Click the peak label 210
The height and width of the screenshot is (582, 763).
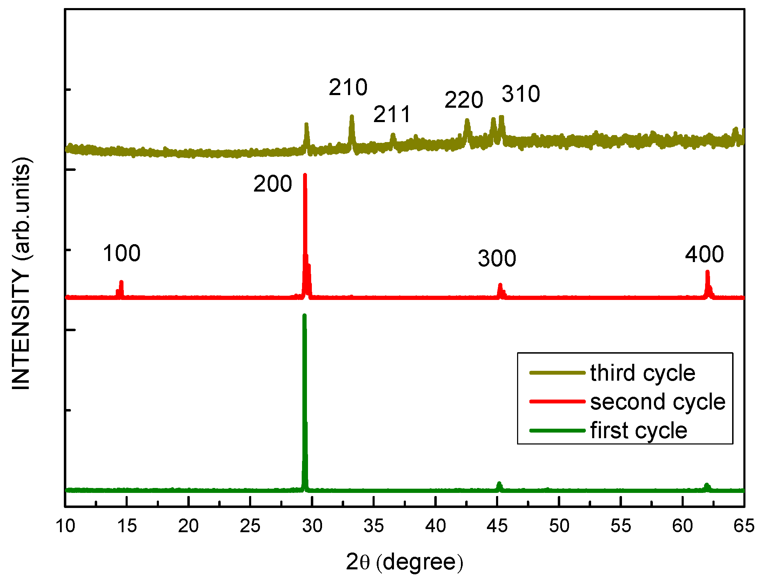(x=348, y=87)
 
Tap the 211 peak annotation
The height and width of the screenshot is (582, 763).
(x=392, y=114)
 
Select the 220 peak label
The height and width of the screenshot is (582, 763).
(x=464, y=100)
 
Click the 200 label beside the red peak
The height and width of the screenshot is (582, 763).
(x=273, y=184)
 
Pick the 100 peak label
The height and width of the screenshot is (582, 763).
(x=121, y=253)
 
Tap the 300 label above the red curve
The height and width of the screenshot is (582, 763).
(x=497, y=259)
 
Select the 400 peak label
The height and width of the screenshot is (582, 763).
(x=704, y=254)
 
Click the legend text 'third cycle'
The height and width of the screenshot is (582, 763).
(x=642, y=373)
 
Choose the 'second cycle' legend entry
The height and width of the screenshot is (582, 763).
(x=657, y=402)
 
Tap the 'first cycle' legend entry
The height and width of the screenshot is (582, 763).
(x=638, y=431)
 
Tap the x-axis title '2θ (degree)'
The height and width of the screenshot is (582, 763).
(x=404, y=562)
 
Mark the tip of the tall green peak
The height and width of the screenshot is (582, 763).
(x=304, y=316)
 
